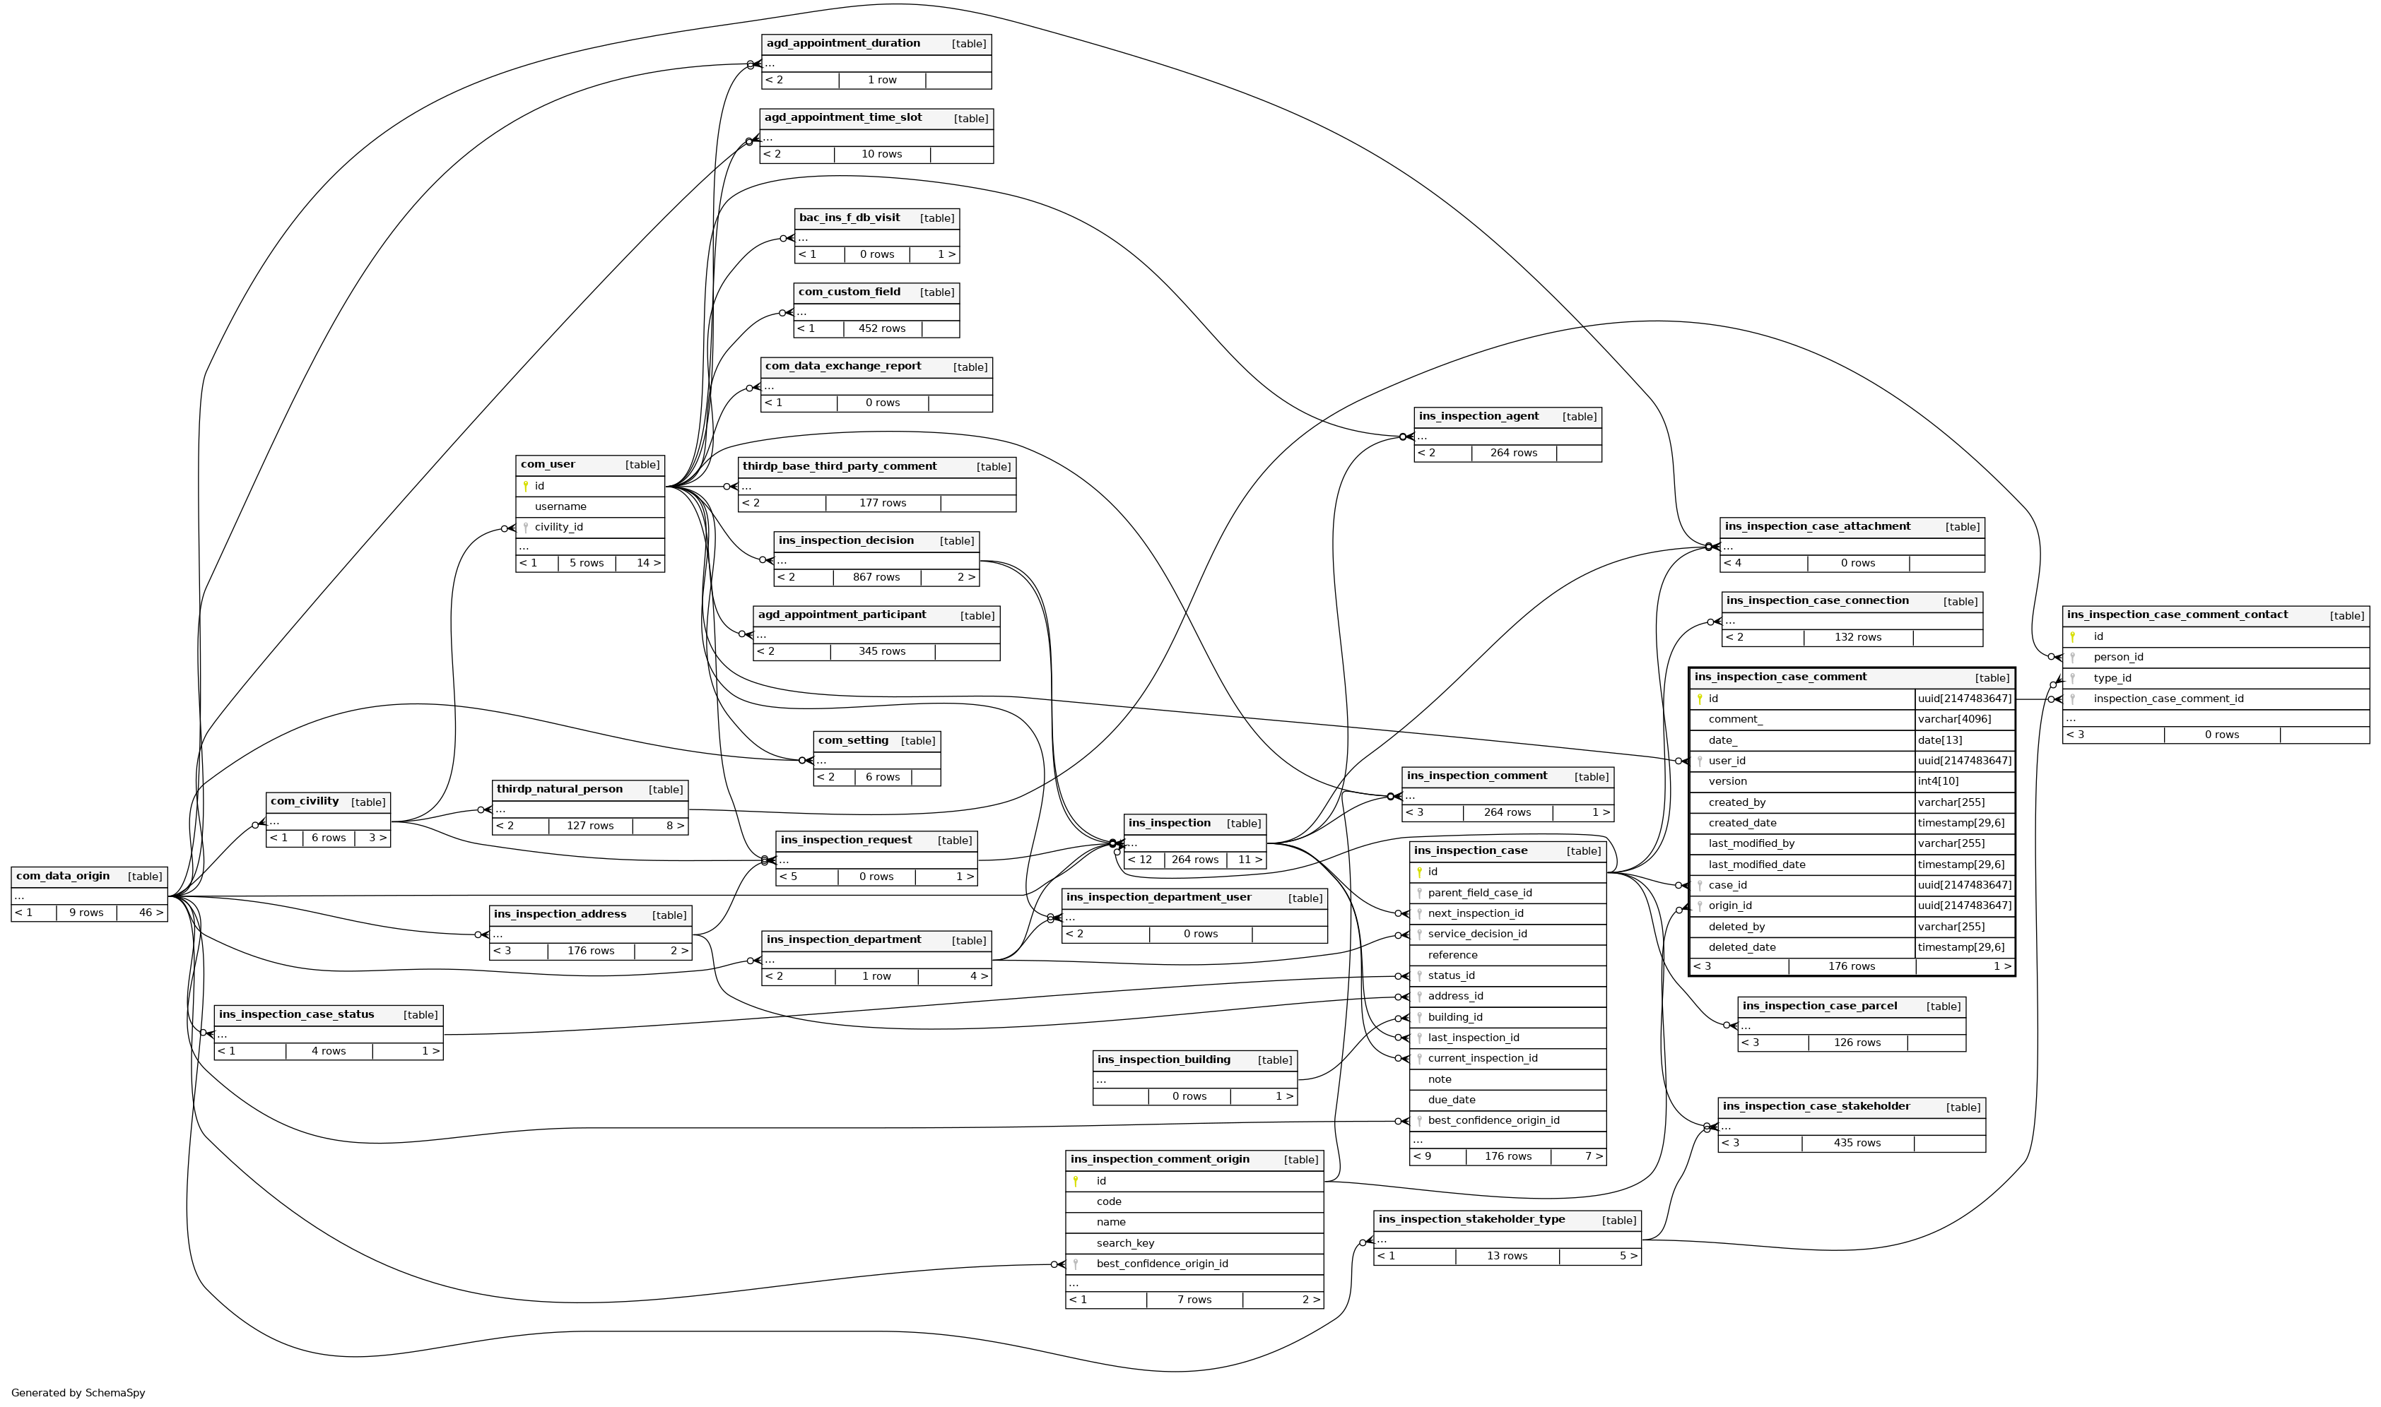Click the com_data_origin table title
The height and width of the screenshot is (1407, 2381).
(x=63, y=876)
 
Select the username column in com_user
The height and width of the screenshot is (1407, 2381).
(x=560, y=506)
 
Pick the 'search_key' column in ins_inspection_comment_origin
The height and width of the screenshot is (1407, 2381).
(x=1125, y=1243)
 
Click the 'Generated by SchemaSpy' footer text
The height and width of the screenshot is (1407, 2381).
(x=78, y=1393)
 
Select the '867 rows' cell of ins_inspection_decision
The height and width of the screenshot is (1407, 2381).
(x=876, y=577)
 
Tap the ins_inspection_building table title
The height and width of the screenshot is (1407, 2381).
(x=1163, y=1059)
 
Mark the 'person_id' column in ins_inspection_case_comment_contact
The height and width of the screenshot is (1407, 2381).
(x=2117, y=657)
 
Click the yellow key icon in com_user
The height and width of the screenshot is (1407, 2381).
(x=526, y=487)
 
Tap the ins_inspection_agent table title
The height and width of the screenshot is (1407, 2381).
(x=1478, y=416)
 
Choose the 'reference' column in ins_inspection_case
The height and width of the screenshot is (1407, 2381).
(x=1452, y=955)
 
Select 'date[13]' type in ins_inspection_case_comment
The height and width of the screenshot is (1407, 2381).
(x=1940, y=740)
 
